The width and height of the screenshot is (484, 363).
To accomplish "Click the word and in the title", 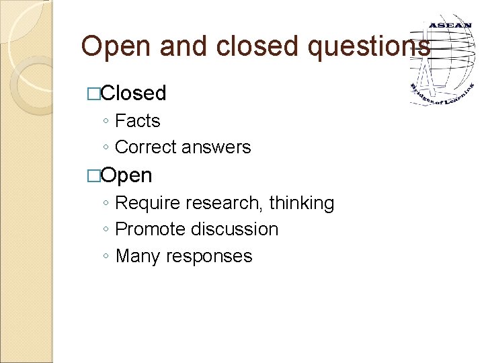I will coord(179,46).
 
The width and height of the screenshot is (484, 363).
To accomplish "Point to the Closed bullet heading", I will coord(133,93).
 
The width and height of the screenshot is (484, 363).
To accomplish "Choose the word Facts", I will coord(138,121).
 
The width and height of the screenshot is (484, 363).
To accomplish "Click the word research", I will coord(220,203).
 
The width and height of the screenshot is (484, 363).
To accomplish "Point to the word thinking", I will coord(301,203).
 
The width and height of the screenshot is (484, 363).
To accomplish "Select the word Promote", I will coord(149,229).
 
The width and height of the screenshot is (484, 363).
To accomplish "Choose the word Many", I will coord(139,256).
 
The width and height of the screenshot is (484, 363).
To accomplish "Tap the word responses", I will coord(210,257).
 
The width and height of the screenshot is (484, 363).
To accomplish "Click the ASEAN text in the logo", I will coord(450,26).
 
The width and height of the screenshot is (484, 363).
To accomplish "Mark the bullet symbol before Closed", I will coord(93,93).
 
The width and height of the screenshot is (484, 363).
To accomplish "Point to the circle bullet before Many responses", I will coord(106,257).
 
